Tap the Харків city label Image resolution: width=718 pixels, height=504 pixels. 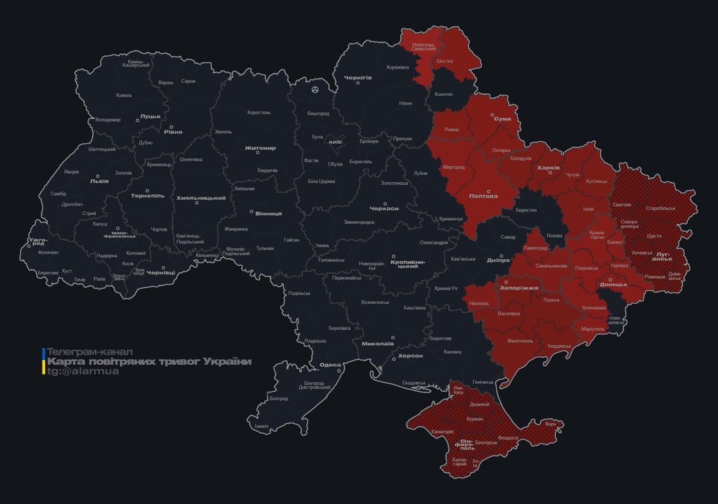click(549, 168)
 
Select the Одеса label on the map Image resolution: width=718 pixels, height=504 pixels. click(330, 365)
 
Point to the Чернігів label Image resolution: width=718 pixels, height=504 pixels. click(358, 77)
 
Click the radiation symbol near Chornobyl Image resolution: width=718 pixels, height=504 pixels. click(316, 89)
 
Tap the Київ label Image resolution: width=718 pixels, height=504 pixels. click(335, 142)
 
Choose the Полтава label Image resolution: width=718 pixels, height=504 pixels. click(483, 196)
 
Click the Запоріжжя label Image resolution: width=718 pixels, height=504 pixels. click(518, 287)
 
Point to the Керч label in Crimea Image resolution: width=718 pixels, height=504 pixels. click(551, 424)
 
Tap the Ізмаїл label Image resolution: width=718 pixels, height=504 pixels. click(261, 426)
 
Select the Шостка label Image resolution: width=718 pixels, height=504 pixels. click(444, 61)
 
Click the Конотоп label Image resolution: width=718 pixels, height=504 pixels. click(444, 94)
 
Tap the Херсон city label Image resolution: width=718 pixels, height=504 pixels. click(410, 355)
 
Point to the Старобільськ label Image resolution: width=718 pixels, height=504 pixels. click(660, 208)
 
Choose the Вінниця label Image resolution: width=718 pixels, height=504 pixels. click(268, 213)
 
